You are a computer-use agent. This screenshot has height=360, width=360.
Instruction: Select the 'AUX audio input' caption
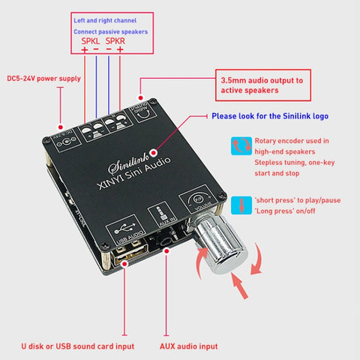(x=189, y=346)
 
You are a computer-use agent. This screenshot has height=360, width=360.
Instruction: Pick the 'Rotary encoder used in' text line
(x=292, y=139)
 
